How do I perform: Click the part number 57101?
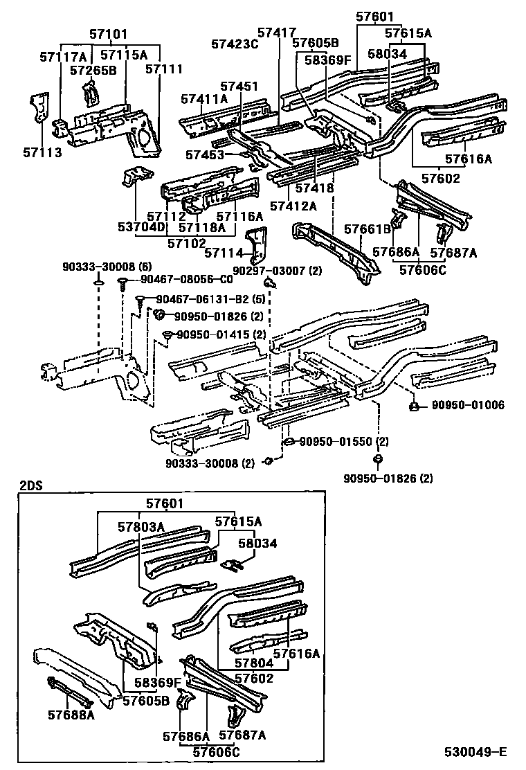109,33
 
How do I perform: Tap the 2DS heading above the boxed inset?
30,485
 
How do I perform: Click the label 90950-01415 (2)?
221,334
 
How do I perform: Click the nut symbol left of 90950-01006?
412,405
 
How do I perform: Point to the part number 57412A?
293,205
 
